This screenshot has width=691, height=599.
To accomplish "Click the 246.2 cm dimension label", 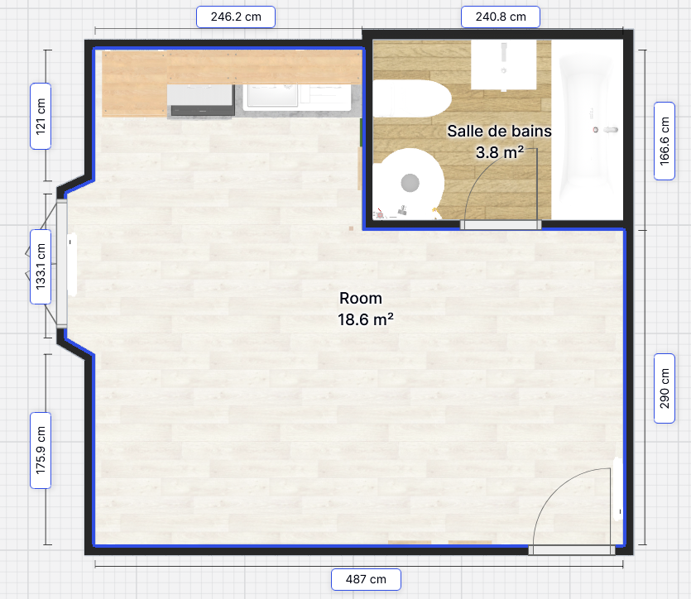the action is [x=236, y=17].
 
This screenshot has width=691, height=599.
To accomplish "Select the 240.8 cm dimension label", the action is [x=501, y=17].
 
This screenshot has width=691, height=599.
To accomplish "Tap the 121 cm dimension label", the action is [x=41, y=117].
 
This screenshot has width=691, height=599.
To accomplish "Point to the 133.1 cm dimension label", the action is [x=41, y=266].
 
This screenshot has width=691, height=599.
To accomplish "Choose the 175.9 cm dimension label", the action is [x=41, y=450].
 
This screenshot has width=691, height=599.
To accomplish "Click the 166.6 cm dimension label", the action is [x=665, y=141].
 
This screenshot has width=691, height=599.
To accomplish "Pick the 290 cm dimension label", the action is [x=665, y=388].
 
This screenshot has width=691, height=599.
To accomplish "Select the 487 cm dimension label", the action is [x=366, y=579].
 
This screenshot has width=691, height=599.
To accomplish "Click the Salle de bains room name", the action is [x=499, y=131].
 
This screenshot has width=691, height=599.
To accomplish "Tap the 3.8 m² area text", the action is [x=500, y=152].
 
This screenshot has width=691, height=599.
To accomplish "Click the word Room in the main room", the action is [x=361, y=298].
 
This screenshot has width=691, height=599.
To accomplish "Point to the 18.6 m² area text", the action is [x=365, y=319].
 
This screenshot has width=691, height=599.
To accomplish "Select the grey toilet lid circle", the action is [x=410, y=183].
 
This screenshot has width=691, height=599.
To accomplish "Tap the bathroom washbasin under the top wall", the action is [x=504, y=65].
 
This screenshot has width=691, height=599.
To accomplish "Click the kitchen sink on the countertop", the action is [x=272, y=95].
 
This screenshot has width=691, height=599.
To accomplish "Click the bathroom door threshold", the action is [x=501, y=225].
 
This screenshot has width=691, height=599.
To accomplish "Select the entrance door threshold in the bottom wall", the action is [x=572, y=549].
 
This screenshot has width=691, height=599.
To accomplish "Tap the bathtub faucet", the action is [x=606, y=130].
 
